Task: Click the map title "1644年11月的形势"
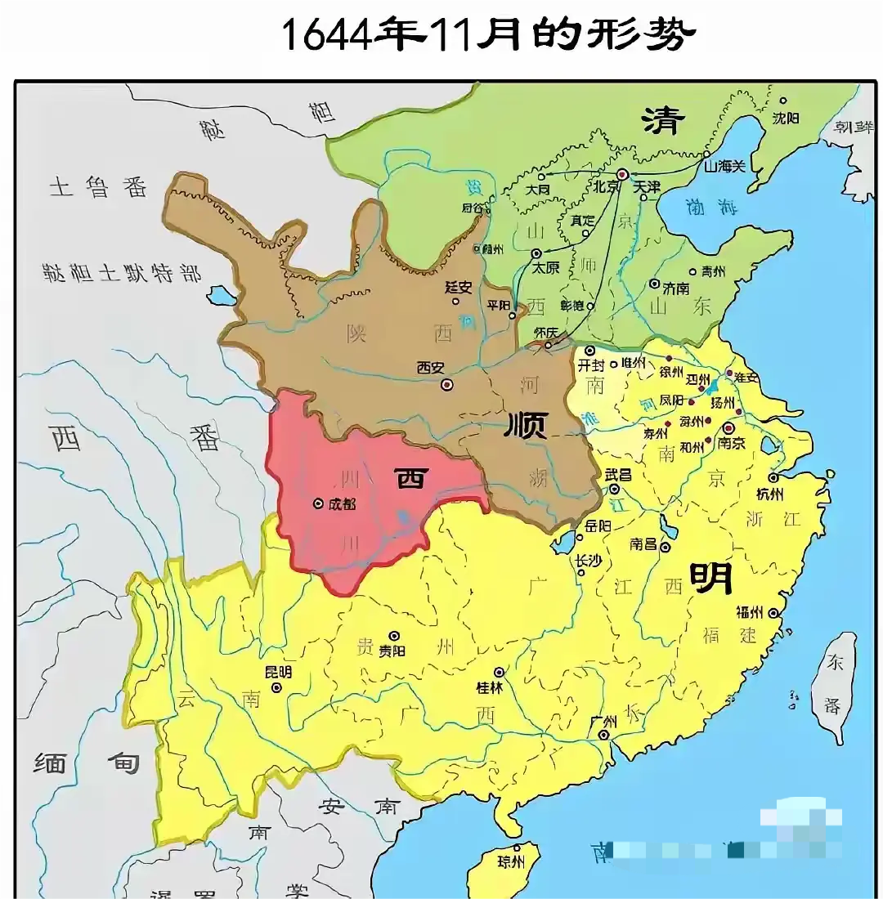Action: coord(487,34)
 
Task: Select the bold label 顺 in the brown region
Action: coord(527,425)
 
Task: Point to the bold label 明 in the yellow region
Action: coord(710,579)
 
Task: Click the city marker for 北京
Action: coord(622,174)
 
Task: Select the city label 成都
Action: coord(342,504)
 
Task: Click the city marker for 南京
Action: coord(728,428)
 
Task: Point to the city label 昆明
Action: coord(277,672)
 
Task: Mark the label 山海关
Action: coord(725,166)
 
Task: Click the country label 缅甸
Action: coord(86,764)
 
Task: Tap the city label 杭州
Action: coord(769,495)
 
